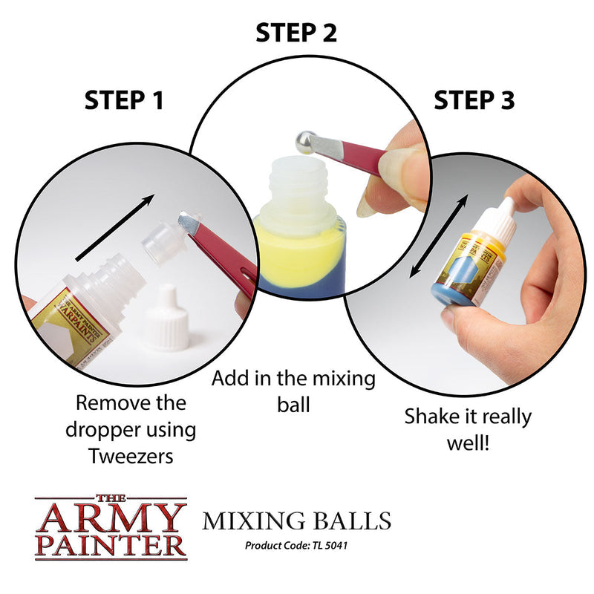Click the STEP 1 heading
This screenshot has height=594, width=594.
click(124, 100)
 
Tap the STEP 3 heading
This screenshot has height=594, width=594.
click(474, 100)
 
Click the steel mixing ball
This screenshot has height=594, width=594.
click(304, 142)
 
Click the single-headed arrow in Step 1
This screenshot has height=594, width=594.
click(115, 227)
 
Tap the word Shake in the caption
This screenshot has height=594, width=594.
click(429, 417)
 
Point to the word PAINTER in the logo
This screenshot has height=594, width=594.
click(111, 544)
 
